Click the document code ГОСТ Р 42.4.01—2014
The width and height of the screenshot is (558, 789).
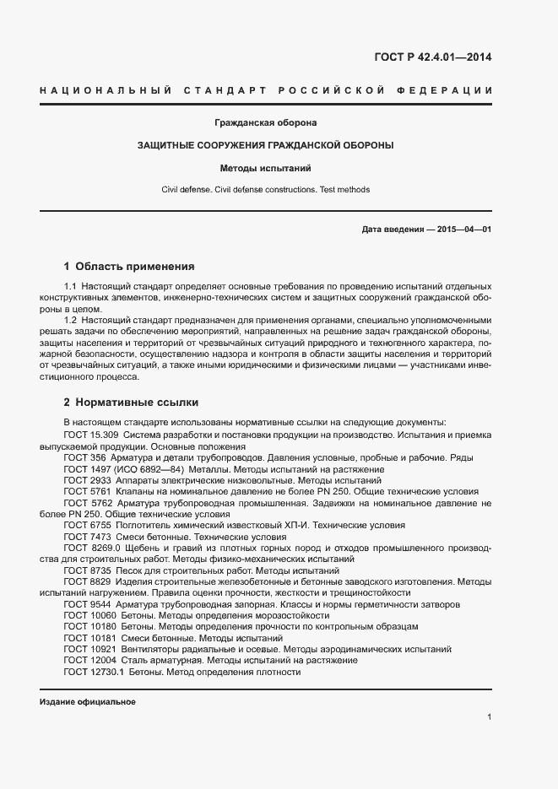432,58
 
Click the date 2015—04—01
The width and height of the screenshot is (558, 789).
463,230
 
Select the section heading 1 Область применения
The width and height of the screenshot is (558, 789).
129,266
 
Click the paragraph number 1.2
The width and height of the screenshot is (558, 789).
70,321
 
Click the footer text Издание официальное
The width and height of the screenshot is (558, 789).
87,702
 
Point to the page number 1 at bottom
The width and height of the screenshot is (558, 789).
489,717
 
